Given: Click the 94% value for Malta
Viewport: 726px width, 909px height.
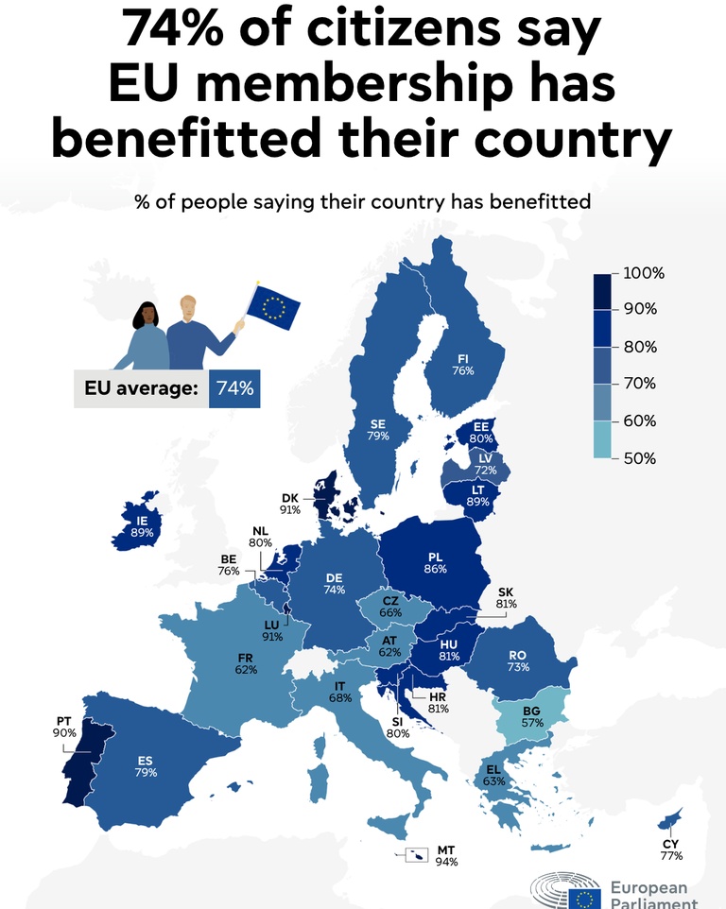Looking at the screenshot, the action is tap(446, 862).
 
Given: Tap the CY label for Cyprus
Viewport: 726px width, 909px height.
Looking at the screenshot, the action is tap(670, 844).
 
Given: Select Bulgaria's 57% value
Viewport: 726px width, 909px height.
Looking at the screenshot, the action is tap(532, 723).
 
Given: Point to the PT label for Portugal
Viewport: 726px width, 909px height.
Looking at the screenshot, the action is tap(63, 721).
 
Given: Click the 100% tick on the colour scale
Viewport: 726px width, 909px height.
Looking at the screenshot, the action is tap(644, 273).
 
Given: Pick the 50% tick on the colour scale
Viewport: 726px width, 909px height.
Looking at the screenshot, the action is tap(640, 458).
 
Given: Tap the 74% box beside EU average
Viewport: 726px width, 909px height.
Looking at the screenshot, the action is tap(234, 387).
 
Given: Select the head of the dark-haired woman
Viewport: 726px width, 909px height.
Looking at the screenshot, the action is tap(147, 316).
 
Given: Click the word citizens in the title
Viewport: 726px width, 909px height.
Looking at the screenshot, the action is tap(403, 28).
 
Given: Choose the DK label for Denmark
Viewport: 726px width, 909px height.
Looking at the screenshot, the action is tap(290, 498).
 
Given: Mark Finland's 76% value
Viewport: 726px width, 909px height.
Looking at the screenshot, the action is tap(463, 370).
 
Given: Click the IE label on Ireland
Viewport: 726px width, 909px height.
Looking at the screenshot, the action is tap(142, 522).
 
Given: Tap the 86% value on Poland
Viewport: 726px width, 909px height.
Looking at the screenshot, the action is tap(435, 569).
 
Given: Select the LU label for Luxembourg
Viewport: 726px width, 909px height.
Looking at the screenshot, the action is tap(271, 625).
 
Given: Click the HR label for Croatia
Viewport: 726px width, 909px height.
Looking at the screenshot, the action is tap(438, 697).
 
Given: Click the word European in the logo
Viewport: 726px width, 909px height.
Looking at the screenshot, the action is tap(648, 888).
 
